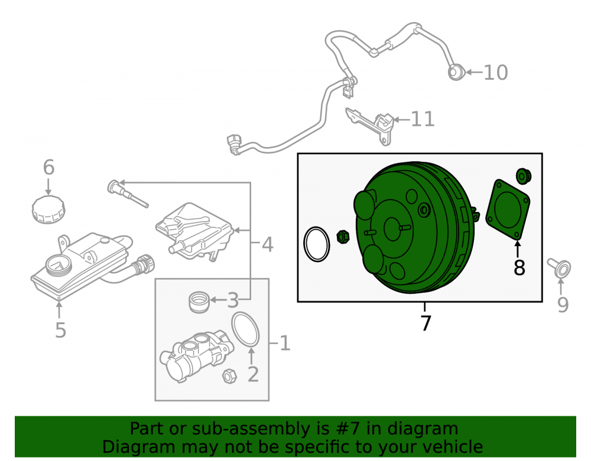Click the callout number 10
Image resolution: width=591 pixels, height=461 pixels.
496,72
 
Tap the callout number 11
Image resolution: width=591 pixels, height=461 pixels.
423,119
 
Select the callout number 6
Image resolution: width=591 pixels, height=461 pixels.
48,167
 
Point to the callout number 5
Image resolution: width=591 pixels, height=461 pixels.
60,330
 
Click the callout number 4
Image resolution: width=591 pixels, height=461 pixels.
267,244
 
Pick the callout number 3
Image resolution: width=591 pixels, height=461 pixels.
233,300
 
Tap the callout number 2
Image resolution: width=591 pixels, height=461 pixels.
253,374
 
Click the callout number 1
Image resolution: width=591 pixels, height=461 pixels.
285,344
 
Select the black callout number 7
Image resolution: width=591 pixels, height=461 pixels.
426,323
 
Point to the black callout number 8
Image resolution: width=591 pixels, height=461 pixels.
519,268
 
